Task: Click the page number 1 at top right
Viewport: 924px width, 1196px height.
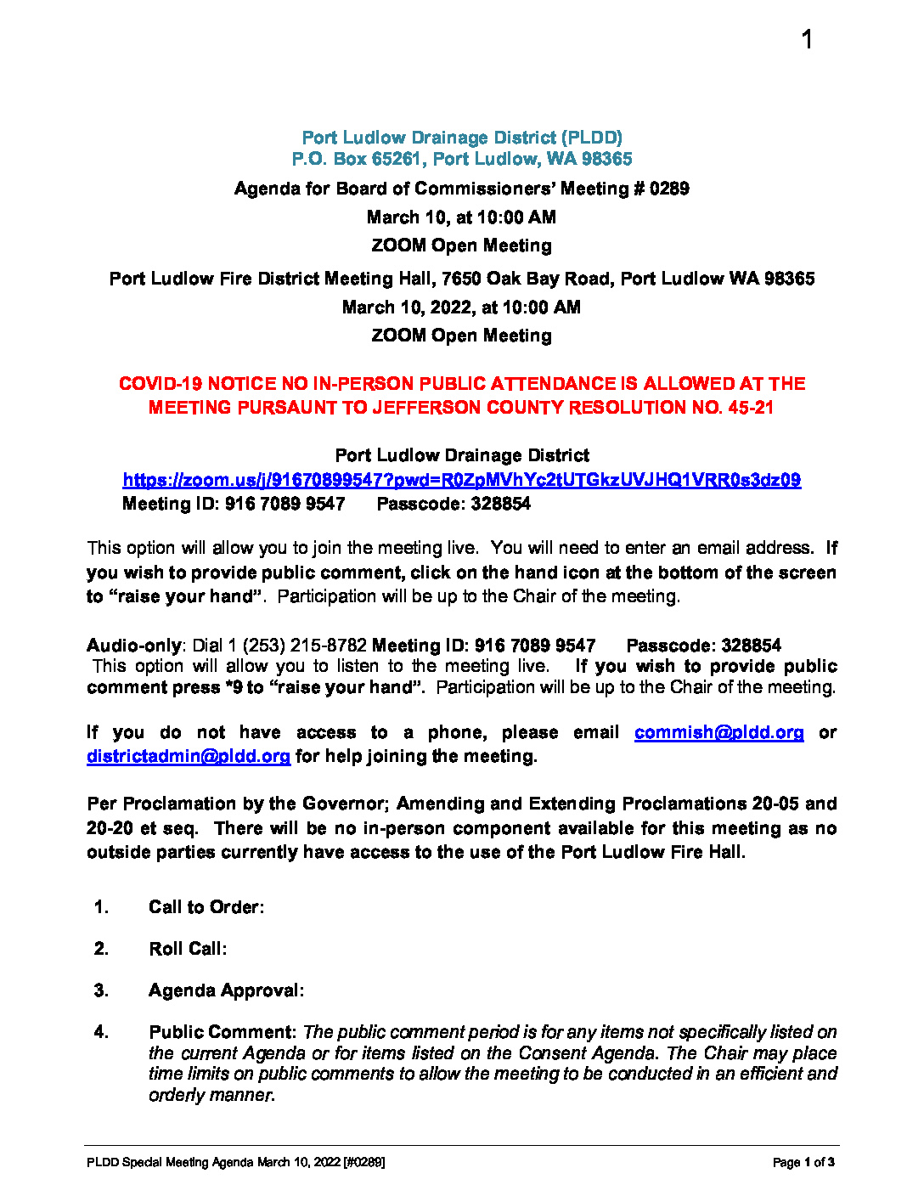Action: [x=807, y=40]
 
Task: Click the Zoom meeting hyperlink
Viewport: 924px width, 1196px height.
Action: [x=461, y=480]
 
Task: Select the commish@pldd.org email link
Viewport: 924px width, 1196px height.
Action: [x=718, y=732]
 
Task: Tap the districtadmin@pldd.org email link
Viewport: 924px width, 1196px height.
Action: [x=188, y=756]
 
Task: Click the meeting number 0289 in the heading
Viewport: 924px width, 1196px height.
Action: [x=669, y=189]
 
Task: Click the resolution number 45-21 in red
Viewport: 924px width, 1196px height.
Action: [x=751, y=408]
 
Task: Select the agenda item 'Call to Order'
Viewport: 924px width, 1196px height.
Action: [x=206, y=907]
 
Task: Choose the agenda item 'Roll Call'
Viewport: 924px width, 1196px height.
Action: [x=187, y=949]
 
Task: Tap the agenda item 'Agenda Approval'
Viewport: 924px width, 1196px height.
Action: [x=225, y=990]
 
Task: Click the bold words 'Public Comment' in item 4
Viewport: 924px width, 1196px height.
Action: [x=221, y=1032]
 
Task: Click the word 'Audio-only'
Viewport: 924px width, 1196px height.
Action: [x=134, y=646]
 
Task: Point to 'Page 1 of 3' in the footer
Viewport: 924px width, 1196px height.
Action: [x=803, y=1162]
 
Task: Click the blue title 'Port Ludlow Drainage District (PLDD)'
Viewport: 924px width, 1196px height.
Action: [x=462, y=138]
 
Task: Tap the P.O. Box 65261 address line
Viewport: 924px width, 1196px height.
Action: [x=462, y=159]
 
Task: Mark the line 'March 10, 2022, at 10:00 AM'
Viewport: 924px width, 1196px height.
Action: [x=461, y=307]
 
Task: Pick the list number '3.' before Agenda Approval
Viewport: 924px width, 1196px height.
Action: [x=101, y=990]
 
